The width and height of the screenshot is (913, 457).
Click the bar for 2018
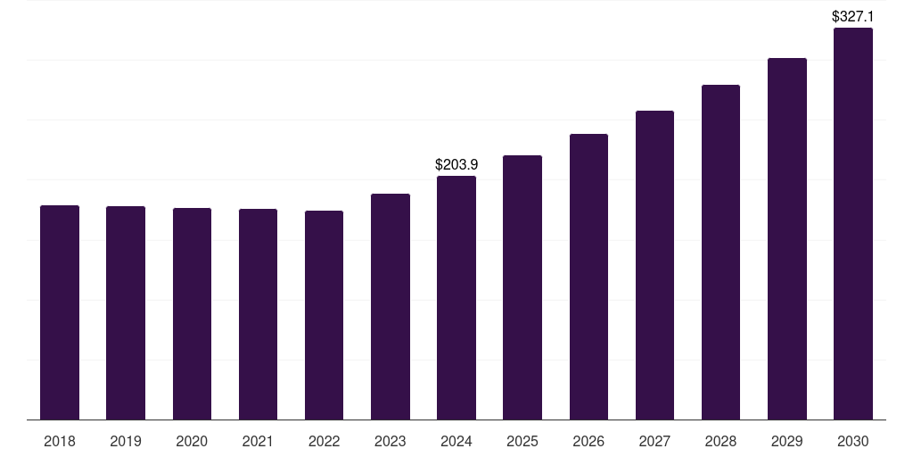point(60,312)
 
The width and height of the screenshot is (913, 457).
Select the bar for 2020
point(192,313)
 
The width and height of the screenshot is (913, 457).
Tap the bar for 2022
point(324,315)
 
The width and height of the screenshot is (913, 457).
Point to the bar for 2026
point(588,277)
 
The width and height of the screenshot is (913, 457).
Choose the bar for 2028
point(720,252)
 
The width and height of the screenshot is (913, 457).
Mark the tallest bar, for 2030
point(853,223)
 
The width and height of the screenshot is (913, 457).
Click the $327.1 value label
point(853,16)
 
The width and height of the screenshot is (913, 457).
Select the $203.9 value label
point(456,164)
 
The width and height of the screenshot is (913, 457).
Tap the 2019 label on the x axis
point(126,441)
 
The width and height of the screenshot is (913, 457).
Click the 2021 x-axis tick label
point(258,441)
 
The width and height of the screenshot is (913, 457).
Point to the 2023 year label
point(391,441)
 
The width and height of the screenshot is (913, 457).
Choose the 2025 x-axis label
point(522,441)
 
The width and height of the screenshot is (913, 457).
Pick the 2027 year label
point(654,441)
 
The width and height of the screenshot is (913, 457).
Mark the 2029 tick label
point(787,441)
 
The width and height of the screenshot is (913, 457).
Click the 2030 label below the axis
point(853,441)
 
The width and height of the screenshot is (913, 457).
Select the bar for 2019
point(126,312)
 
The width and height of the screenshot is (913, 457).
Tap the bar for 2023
point(391,306)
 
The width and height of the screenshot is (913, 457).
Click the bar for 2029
point(787,238)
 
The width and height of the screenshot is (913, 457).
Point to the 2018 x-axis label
point(60,441)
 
